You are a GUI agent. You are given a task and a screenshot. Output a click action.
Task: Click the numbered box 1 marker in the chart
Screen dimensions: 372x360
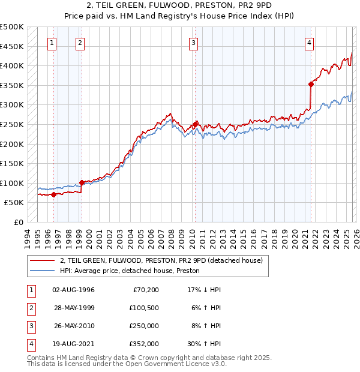pos(52,43)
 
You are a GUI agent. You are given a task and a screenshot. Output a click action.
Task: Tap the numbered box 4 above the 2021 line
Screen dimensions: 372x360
pos(309,43)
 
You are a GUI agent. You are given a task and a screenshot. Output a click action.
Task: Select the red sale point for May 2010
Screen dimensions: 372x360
pos(195,124)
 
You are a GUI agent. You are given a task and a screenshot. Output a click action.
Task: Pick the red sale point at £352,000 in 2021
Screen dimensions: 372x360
pos(311,84)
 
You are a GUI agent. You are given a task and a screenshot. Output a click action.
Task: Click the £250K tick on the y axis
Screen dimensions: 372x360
pos(12,124)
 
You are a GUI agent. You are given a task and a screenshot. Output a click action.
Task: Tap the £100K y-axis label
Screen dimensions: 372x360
pos(12,183)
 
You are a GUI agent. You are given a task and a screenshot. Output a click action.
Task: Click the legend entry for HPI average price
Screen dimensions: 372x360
pos(132,271)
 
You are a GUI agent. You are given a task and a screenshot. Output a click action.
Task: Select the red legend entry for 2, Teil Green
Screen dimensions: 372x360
pos(161,261)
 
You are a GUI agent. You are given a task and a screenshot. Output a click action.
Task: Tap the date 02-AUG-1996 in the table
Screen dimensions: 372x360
pos(73,290)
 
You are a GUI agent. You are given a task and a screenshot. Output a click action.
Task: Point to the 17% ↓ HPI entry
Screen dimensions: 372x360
pos(204,290)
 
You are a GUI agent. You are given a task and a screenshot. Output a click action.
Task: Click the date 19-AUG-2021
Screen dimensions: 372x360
pos(73,344)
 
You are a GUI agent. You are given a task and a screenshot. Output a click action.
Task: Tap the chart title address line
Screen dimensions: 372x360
pos(180,7)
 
